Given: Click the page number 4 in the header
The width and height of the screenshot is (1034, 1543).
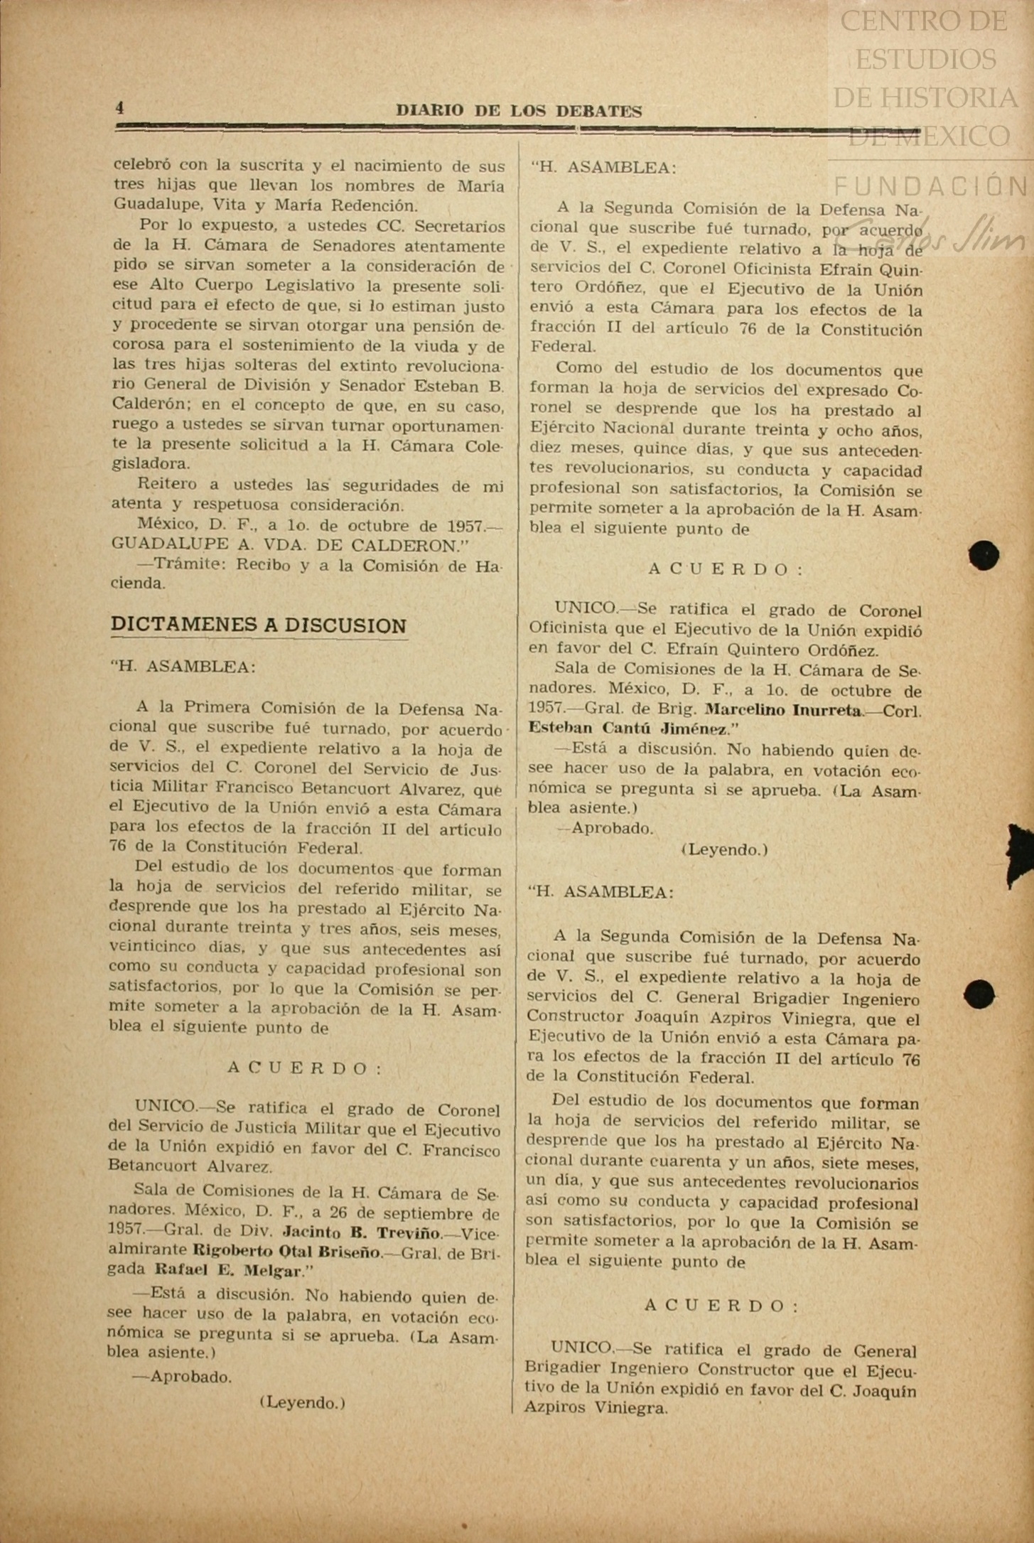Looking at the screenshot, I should [120, 108].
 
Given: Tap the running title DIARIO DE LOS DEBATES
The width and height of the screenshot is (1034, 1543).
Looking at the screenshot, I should [519, 111].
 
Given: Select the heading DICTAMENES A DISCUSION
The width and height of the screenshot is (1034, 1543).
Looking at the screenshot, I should [259, 625].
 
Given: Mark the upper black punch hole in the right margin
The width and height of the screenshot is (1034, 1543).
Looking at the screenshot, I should [984, 555].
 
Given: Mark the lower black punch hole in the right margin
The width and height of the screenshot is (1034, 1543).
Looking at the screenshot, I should [980, 994].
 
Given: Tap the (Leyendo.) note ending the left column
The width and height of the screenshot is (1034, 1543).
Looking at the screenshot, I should [303, 1402].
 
